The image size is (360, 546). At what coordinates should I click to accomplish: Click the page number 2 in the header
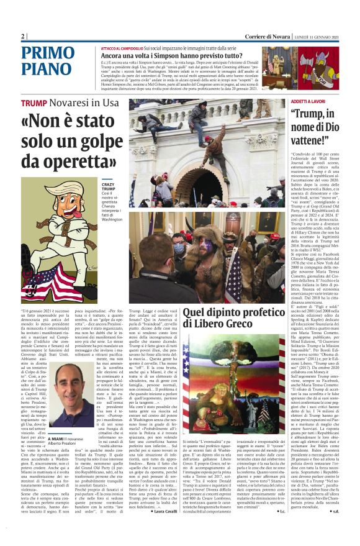tap(23, 36)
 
